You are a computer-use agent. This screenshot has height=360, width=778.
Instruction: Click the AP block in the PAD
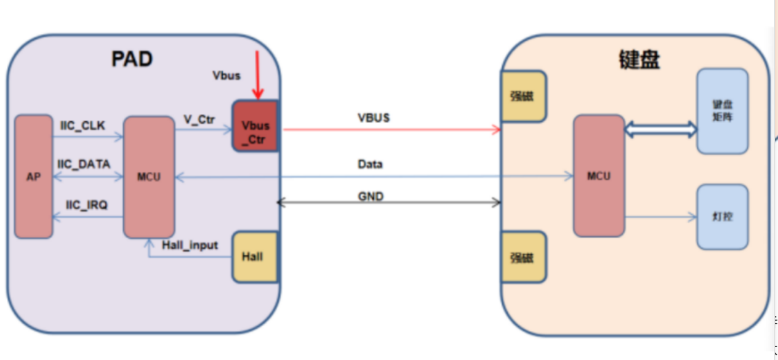(34, 177)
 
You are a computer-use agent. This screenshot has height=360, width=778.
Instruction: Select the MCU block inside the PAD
(149, 177)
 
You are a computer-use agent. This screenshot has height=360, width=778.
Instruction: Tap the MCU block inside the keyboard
(598, 175)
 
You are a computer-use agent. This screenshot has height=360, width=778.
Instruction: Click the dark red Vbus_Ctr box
(255, 126)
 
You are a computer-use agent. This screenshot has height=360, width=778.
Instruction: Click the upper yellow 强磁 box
(523, 96)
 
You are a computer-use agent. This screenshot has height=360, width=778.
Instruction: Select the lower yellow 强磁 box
(523, 257)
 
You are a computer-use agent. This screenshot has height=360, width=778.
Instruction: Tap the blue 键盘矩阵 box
(722, 111)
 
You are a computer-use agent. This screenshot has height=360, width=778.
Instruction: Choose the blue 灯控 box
(722, 217)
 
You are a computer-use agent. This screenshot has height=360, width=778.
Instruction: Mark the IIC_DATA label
(84, 164)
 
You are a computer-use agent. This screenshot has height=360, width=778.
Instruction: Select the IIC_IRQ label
(87, 204)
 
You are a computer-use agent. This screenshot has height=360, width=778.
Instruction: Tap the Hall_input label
(190, 245)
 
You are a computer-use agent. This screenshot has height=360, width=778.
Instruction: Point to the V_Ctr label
(199, 119)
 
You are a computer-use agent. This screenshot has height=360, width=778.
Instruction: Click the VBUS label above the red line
(374, 118)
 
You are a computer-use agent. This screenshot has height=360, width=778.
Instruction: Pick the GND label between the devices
(371, 196)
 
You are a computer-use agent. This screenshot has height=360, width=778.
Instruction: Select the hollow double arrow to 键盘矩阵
(660, 129)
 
